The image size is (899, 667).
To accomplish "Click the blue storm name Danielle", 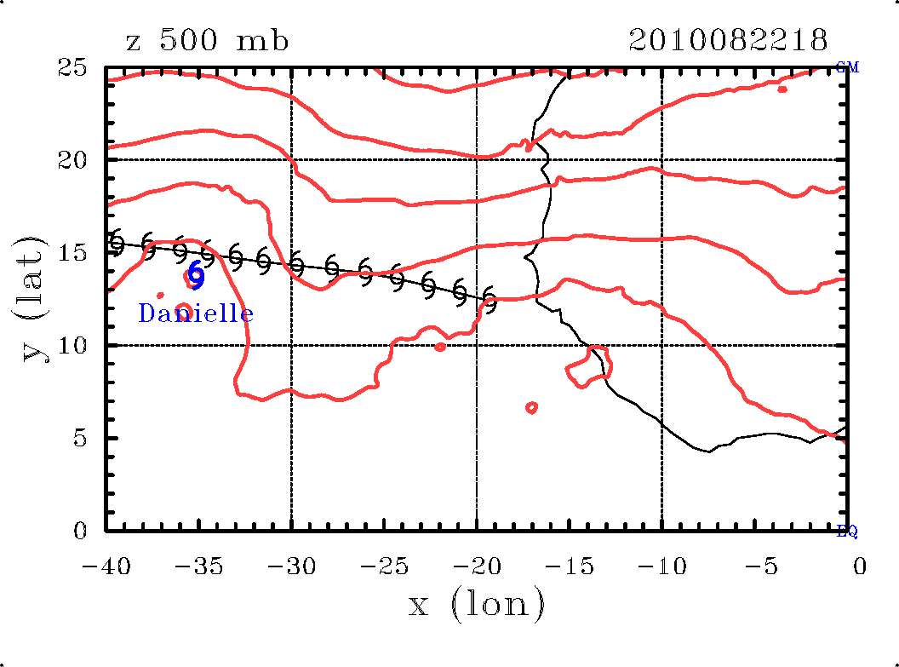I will (x=196, y=313).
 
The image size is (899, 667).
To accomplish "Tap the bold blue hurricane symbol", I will (x=196, y=274).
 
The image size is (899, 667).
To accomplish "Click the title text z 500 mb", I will (x=207, y=41).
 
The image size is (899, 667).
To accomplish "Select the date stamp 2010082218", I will (x=728, y=40).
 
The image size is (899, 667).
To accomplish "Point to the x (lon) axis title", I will (x=477, y=604).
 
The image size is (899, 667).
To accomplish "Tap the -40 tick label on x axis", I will (x=106, y=566).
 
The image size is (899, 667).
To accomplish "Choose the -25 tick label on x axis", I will (x=384, y=566).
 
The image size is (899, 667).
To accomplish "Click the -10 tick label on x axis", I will (x=661, y=566).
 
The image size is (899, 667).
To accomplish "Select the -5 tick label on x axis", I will (x=754, y=566).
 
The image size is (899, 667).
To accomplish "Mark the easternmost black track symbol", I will (x=489, y=300).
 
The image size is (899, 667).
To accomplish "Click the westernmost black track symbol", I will (x=117, y=243).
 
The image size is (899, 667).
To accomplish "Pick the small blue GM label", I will (x=847, y=67).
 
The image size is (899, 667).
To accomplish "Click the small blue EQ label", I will (x=847, y=532).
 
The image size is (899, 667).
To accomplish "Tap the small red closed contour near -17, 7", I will (x=532, y=407).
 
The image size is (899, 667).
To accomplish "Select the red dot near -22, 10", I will (x=439, y=347).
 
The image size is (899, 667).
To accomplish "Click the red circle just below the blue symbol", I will (x=183, y=310).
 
